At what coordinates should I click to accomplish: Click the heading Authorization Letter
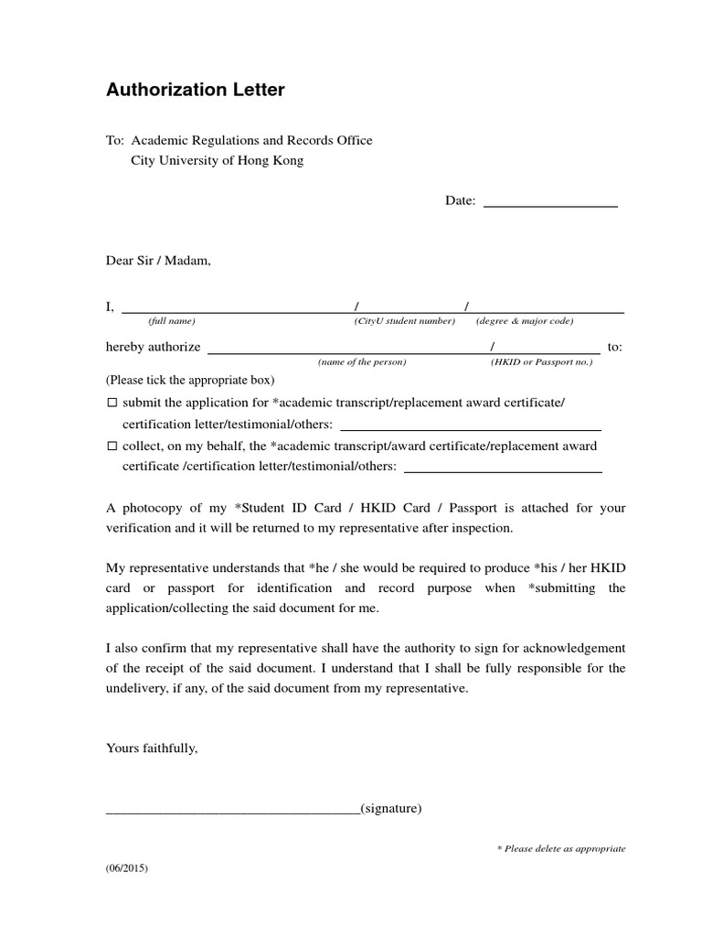click(196, 90)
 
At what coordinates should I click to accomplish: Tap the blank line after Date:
click(549, 206)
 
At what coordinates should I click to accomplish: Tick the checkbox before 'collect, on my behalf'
click(112, 447)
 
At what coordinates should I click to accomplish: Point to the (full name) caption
click(172, 321)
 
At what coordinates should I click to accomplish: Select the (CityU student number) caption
click(404, 321)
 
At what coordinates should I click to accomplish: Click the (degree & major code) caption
click(524, 321)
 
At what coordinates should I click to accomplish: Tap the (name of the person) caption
click(362, 362)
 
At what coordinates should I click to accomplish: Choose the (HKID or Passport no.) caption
click(541, 362)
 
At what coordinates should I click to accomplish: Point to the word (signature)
click(391, 809)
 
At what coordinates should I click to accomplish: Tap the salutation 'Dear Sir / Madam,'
click(158, 260)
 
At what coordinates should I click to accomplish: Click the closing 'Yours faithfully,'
click(152, 748)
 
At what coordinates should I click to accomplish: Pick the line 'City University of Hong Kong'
click(218, 160)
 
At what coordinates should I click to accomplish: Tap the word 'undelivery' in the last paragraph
click(135, 688)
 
